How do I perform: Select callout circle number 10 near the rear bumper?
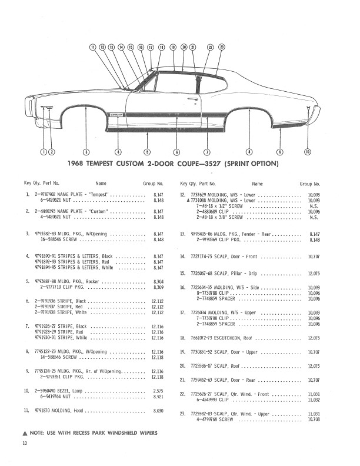tap(308, 151)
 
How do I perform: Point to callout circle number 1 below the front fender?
tap(43, 151)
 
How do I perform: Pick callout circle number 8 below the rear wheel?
tap(249, 151)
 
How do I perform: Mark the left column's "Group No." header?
tap(154, 184)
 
